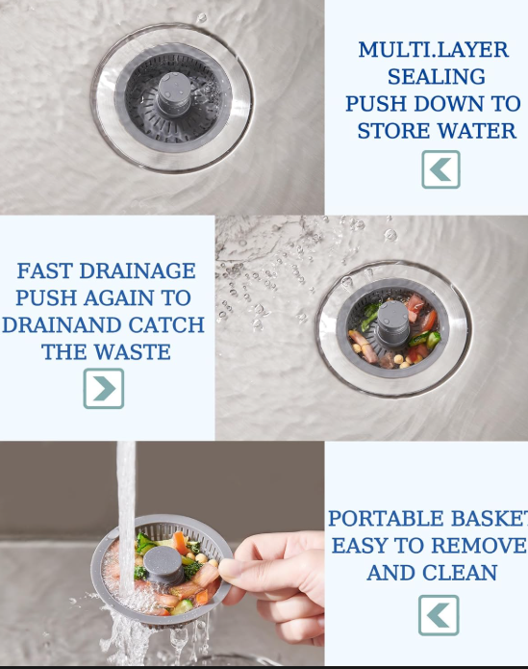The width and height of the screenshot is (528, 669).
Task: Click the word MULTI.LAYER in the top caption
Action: click(434, 50)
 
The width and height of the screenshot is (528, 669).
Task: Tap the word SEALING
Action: click(437, 77)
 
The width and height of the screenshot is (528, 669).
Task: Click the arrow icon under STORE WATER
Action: click(440, 169)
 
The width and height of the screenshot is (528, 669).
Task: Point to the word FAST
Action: click(45, 270)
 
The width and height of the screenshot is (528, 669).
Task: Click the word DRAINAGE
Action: click(138, 270)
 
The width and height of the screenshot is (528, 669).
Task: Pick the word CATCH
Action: click(165, 325)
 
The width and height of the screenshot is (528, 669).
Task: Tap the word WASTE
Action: click(132, 352)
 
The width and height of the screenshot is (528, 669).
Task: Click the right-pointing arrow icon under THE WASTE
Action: click(104, 389)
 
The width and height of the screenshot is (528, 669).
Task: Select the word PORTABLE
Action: click(386, 519)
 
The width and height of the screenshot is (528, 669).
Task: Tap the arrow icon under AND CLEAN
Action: click(439, 615)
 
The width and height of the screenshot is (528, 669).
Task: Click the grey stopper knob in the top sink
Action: click(174, 94)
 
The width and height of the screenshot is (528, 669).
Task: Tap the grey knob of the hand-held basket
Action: click(164, 564)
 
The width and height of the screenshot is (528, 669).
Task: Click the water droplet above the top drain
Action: click(201, 18)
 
